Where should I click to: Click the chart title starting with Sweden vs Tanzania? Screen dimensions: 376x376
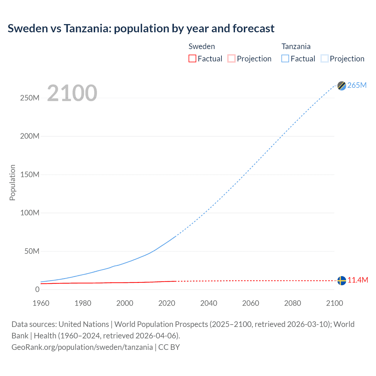[x=141, y=28]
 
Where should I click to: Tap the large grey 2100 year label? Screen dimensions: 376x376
[x=72, y=93]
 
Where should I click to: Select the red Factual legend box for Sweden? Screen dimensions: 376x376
[x=192, y=58]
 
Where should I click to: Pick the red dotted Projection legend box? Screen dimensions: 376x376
[x=231, y=58]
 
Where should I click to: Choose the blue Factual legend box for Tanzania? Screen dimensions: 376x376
[x=285, y=58]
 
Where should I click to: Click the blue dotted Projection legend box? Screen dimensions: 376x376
[x=325, y=58]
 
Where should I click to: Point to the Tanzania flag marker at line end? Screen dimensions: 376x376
[x=342, y=86]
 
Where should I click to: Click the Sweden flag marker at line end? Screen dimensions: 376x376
[x=342, y=281]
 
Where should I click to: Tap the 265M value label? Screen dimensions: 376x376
[x=357, y=85]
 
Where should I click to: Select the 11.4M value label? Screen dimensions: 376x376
[x=358, y=280]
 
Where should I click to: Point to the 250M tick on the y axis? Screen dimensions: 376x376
[x=30, y=98]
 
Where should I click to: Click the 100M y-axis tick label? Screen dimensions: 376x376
[x=30, y=213]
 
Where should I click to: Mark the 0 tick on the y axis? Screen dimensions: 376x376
[x=37, y=289]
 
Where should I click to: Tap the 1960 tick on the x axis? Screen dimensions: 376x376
[x=41, y=303]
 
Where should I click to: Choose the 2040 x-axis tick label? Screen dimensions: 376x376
[x=209, y=303]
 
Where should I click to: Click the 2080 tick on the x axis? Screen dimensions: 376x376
[x=293, y=303]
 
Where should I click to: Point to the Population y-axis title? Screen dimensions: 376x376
[x=12, y=182]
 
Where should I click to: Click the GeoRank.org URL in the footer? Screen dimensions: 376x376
[x=82, y=347]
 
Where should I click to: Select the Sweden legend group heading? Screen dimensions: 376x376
[x=202, y=46]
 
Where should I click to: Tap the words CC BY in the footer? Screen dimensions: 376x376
[x=169, y=347]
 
